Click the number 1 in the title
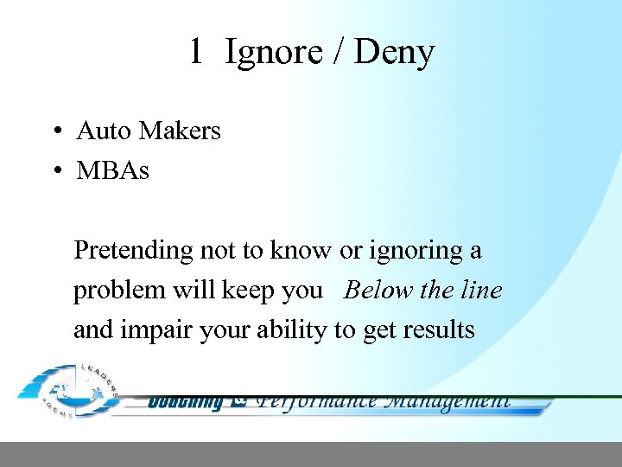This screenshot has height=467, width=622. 196,53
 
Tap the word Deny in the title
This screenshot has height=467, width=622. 394,53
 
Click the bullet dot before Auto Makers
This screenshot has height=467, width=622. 54,131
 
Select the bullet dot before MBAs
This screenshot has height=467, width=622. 54,171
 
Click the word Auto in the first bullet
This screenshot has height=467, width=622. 104,131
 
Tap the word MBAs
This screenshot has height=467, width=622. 112,170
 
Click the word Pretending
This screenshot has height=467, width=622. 134,251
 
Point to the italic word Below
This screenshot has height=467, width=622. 379,290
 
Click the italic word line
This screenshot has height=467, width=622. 482,290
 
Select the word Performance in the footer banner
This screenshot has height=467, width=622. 317,400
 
